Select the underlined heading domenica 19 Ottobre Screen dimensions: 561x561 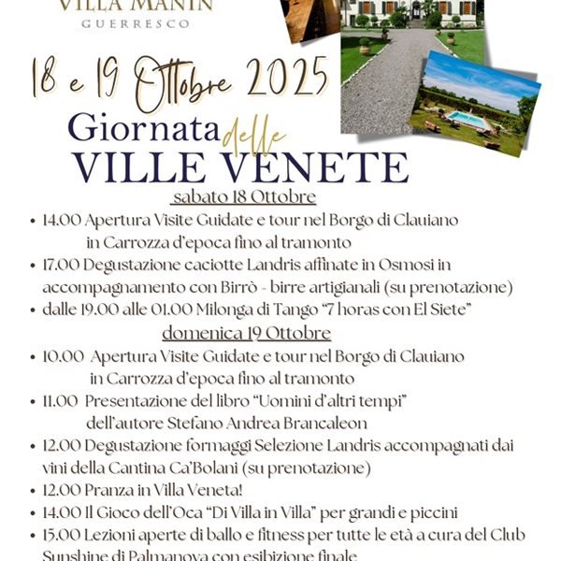click(246, 333)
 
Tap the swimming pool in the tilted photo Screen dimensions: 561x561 click(467, 120)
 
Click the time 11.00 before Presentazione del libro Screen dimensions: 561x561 click(60, 400)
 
